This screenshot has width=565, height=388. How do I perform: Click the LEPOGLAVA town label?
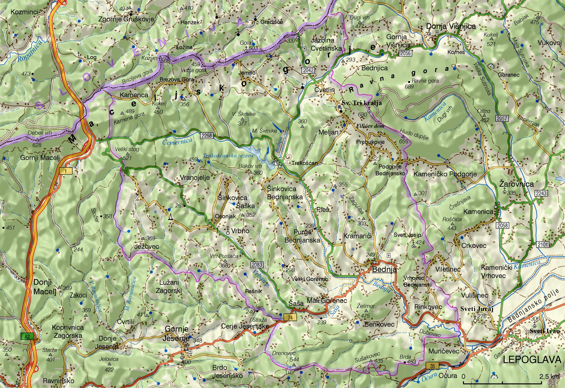coord(532,359)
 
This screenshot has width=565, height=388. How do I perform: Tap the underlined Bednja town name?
coord(384,269)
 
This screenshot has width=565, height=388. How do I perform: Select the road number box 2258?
coord(206,135)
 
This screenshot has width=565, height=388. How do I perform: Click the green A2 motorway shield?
coord(27,337)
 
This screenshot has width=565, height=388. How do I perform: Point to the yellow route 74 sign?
coord(290,317)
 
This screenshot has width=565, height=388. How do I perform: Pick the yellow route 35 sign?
coord(432,366)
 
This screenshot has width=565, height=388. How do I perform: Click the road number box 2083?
coord(257,265)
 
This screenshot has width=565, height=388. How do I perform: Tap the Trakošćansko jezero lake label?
coord(228,156)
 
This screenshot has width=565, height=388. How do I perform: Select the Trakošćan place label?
coord(305,163)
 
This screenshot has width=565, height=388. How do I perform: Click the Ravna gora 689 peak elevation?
coord(409,86)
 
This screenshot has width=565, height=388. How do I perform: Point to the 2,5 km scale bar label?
coord(549,376)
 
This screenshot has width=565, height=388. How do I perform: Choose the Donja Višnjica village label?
coord(451,26)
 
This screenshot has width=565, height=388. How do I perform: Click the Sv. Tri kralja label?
coord(362,103)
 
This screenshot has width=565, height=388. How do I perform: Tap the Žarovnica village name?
coord(516,184)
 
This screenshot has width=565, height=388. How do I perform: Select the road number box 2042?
coord(308,70)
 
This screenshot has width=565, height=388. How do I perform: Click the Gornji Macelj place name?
coord(40,158)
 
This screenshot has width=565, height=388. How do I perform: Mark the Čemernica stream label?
coord(177,141)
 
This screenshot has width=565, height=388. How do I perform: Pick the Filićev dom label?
coord(370,126)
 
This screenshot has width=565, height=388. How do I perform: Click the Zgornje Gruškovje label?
coord(126,19)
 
